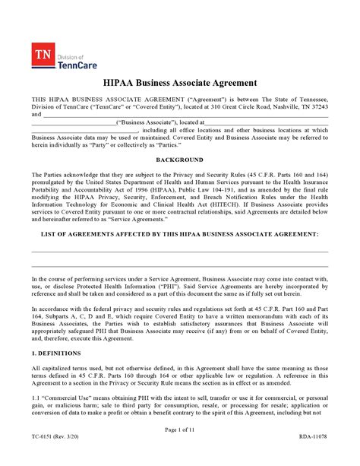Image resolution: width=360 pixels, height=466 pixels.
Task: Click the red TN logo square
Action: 42,54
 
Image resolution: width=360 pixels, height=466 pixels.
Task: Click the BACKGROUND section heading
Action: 179,160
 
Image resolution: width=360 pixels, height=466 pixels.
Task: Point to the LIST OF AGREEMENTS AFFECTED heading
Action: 179,235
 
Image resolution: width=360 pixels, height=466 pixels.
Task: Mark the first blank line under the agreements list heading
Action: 179,252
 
